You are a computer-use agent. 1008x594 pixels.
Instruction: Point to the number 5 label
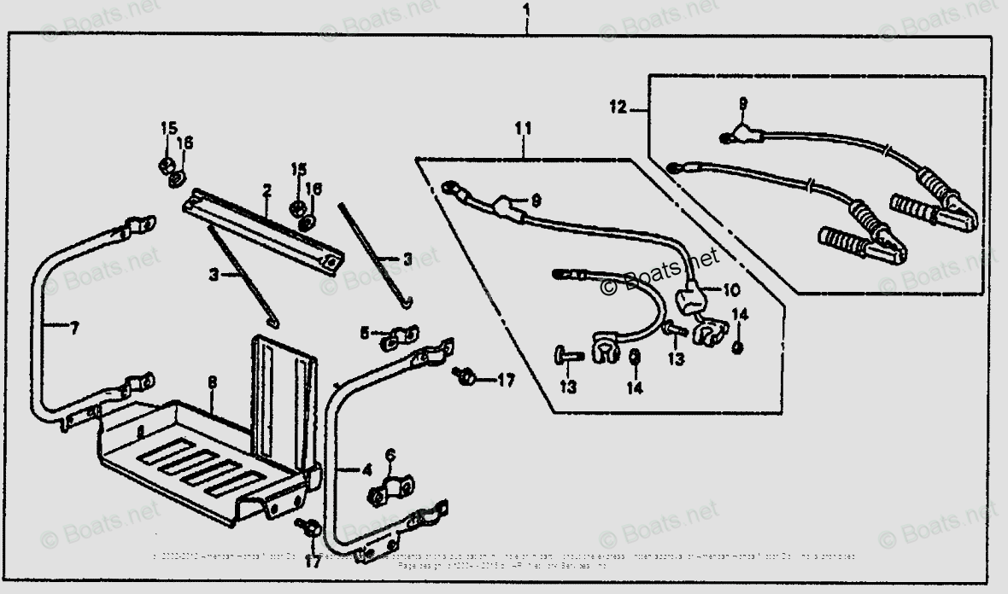(x=364, y=333)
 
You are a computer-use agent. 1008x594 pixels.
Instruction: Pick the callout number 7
(x=73, y=326)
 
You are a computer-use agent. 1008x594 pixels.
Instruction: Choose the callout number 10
(x=732, y=290)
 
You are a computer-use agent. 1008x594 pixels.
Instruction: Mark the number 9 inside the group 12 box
(x=742, y=103)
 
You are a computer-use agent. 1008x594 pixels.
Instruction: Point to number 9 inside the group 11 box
(x=536, y=201)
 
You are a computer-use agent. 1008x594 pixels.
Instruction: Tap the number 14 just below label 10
(x=740, y=315)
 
